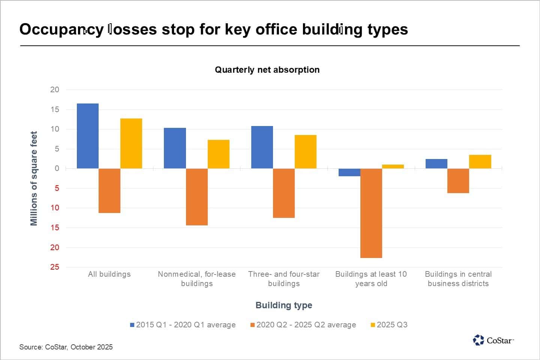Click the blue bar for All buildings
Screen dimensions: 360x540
(x=88, y=136)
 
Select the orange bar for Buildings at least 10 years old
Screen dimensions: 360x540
(x=371, y=213)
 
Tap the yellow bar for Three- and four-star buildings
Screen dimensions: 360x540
(x=306, y=151)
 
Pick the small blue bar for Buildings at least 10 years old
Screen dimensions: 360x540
(x=349, y=172)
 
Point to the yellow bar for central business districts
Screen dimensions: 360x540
(x=480, y=162)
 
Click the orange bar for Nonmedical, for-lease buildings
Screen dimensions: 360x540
(x=197, y=197)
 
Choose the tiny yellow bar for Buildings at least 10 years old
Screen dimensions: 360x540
(x=393, y=166)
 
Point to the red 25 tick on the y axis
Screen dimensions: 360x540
(x=55, y=267)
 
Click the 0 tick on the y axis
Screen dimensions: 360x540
(x=57, y=168)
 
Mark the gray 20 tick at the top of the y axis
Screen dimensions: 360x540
(x=55, y=90)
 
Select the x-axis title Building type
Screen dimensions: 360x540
(x=284, y=305)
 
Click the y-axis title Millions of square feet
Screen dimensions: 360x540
(x=34, y=178)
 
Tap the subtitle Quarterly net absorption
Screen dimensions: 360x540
(x=267, y=70)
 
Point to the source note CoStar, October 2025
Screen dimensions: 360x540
(x=66, y=347)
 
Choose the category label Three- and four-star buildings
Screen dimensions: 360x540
(x=284, y=279)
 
